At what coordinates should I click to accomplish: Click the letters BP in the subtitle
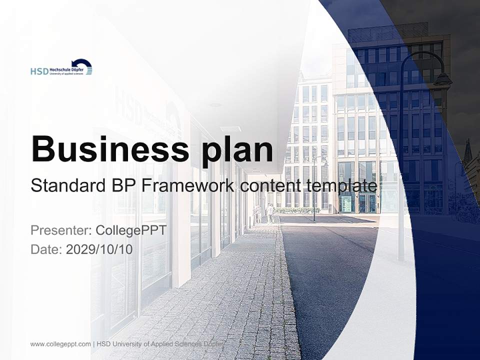(123, 186)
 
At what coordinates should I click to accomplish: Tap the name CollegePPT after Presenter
(130, 230)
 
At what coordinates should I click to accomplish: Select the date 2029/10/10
(99, 249)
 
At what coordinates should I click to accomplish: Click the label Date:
(46, 249)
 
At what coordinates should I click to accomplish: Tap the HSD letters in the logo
(39, 71)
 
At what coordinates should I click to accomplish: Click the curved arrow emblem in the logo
(82, 64)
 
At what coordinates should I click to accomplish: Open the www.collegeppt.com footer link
(60, 344)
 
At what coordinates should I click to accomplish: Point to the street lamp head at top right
(442, 79)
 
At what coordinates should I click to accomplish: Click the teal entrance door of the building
(346, 203)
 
